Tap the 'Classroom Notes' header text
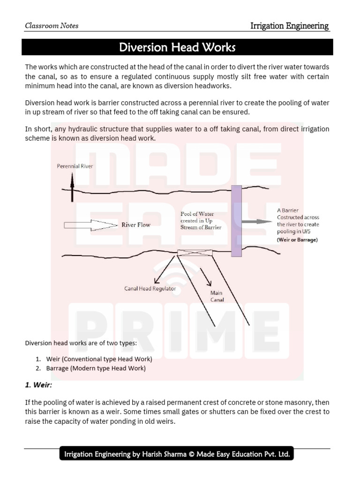(x=52, y=26)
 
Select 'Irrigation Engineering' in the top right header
(x=289, y=26)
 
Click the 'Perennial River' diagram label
(x=75, y=166)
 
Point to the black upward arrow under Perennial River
(x=72, y=185)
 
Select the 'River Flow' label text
(x=136, y=225)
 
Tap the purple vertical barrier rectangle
(x=236, y=221)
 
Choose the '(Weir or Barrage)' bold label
(x=297, y=240)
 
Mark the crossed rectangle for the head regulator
(x=195, y=253)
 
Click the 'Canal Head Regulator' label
(x=150, y=289)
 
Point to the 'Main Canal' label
(x=217, y=296)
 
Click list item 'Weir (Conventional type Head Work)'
(x=99, y=359)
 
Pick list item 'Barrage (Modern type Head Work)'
(x=96, y=368)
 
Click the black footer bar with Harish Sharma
(x=176, y=454)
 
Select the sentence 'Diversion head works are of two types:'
(x=81, y=343)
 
